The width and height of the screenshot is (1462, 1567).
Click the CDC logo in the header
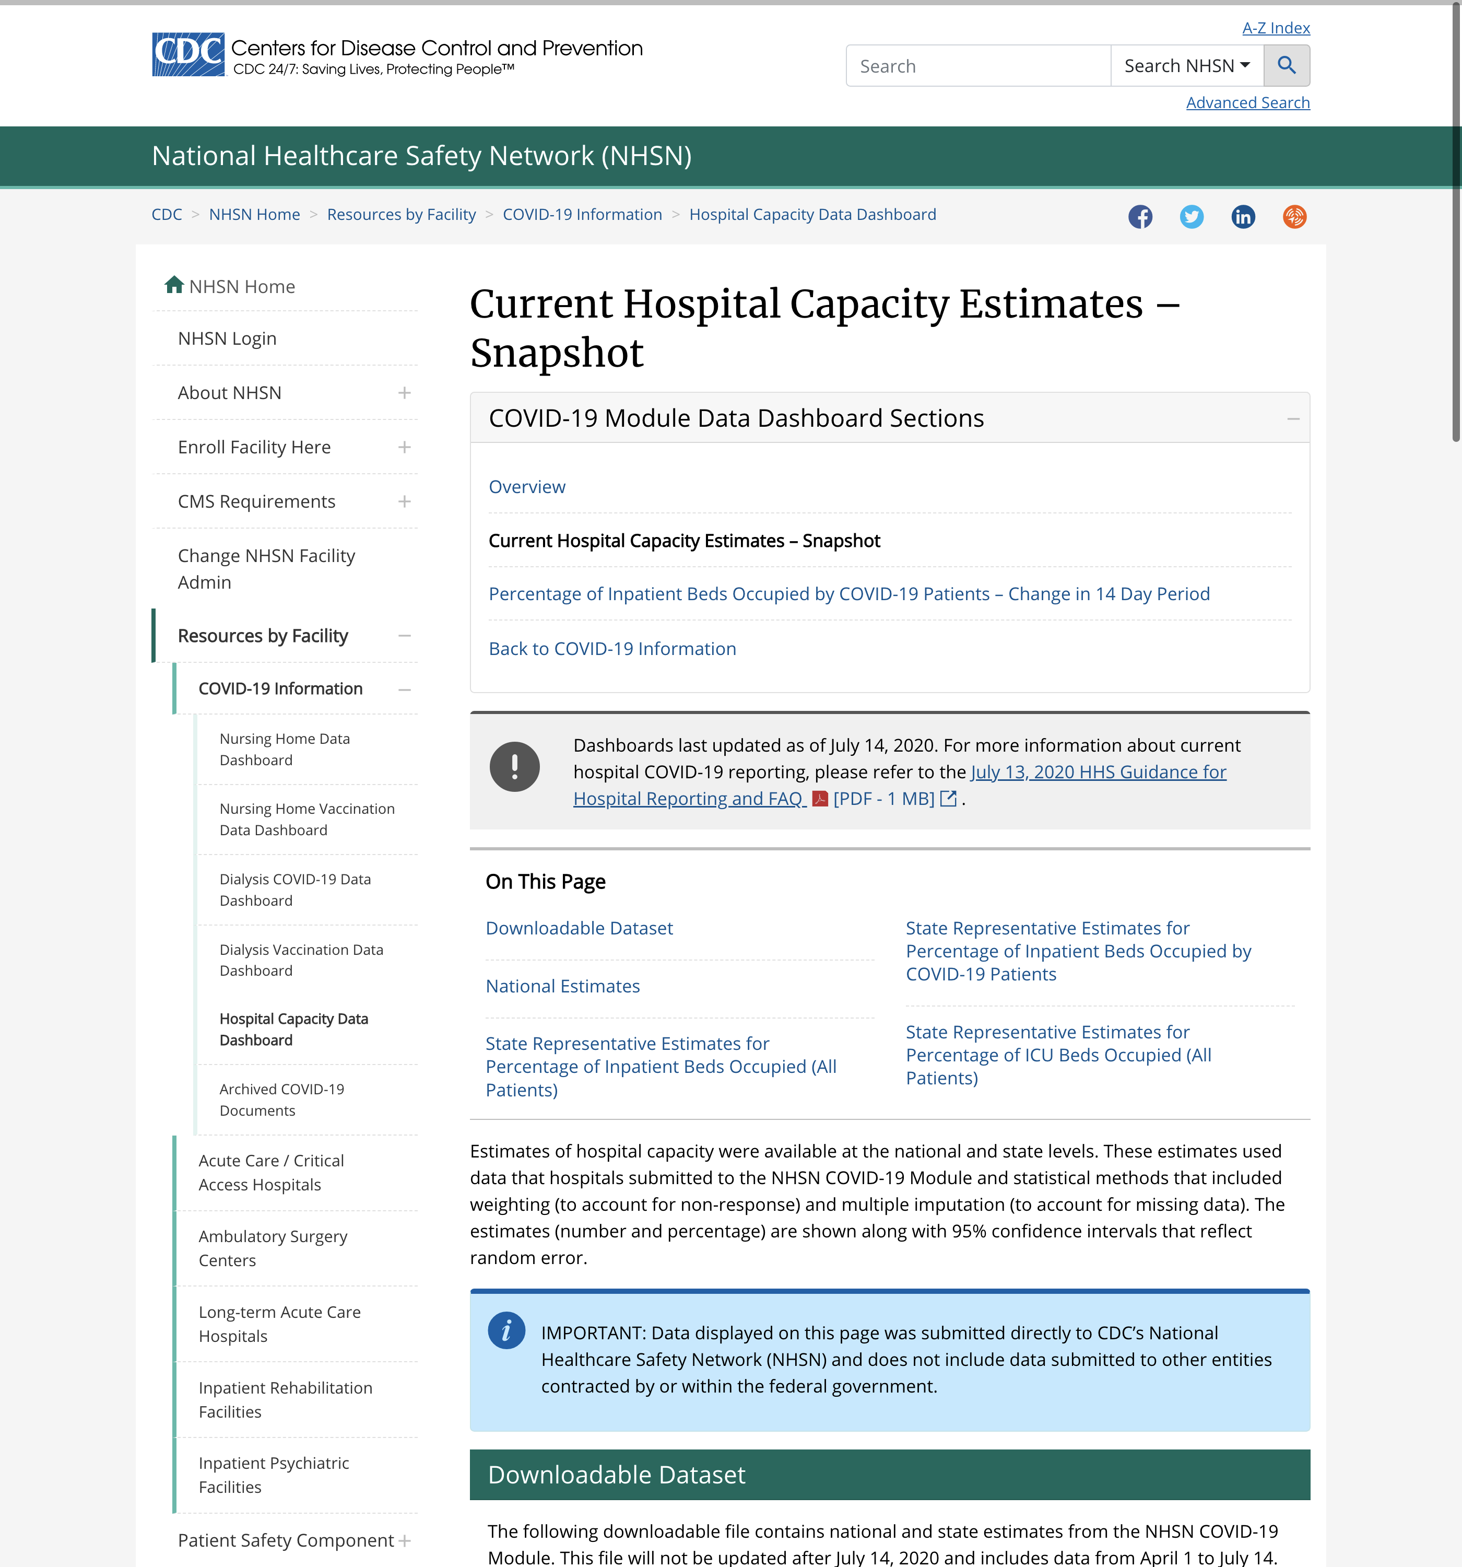pyautogui.click(x=188, y=54)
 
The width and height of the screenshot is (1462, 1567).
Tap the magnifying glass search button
pyautogui.click(x=1286, y=65)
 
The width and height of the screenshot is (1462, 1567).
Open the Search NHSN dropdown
pyautogui.click(x=1186, y=65)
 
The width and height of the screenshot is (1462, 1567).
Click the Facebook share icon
pyautogui.click(x=1140, y=217)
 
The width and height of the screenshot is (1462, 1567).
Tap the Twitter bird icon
pyautogui.click(x=1191, y=217)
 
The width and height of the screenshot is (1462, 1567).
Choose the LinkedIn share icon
pyautogui.click(x=1243, y=217)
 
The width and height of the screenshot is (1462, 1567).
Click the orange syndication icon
pyautogui.click(x=1294, y=217)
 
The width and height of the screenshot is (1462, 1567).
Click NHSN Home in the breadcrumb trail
pyautogui.click(x=254, y=214)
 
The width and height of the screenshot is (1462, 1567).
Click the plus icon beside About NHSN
pyautogui.click(x=404, y=393)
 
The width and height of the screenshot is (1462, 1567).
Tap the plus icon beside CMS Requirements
pyautogui.click(x=404, y=501)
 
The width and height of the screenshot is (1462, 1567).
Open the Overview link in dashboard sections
pyautogui.click(x=526, y=487)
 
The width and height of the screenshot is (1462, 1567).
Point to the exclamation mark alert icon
pyautogui.click(x=514, y=766)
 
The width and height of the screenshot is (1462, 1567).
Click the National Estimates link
pyautogui.click(x=562, y=986)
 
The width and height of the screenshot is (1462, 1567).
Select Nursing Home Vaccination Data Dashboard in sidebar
pyautogui.click(x=306, y=819)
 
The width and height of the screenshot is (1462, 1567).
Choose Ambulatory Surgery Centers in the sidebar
pyautogui.click(x=272, y=1248)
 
